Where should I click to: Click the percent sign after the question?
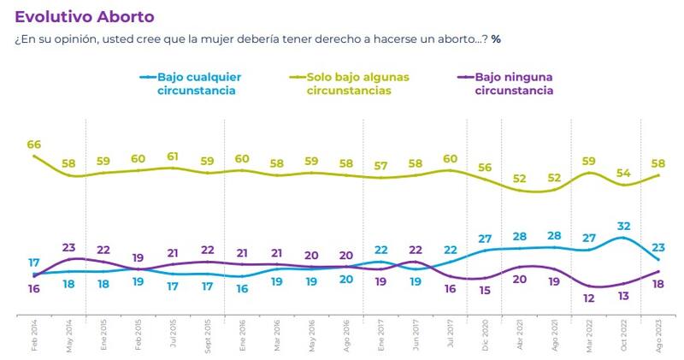496,40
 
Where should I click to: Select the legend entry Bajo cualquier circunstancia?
195,83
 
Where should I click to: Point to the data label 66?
34,145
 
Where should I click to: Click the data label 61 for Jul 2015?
173,156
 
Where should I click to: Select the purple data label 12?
588,298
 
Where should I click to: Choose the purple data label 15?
485,291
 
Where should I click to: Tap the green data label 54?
623,174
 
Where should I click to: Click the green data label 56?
485,168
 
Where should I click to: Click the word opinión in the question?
68,40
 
